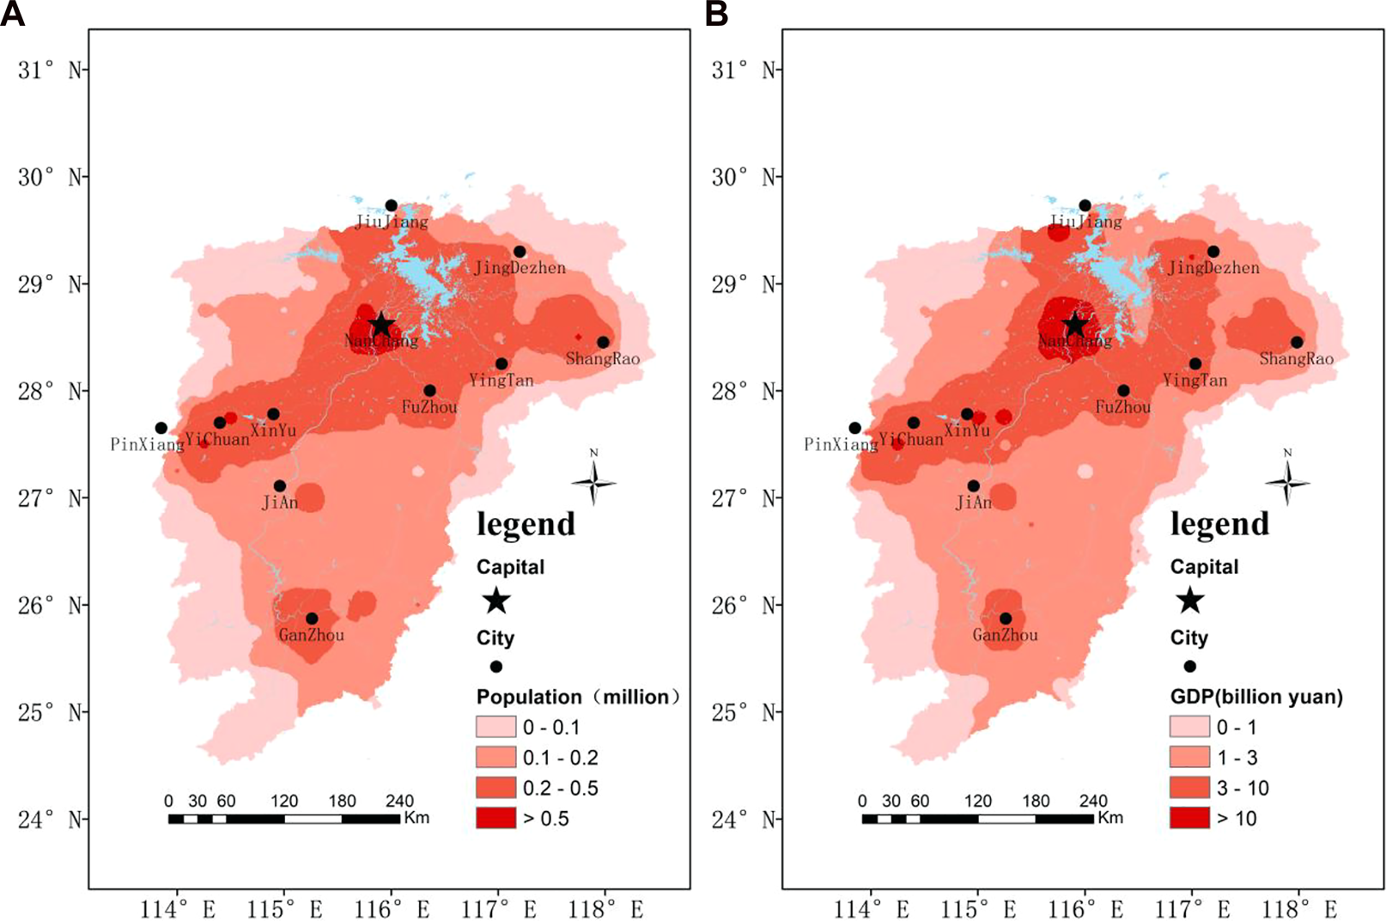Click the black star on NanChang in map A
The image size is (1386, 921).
tap(381, 326)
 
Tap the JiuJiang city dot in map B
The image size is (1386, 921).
tap(1085, 205)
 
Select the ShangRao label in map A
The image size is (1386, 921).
tap(602, 359)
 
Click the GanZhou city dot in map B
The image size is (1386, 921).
tap(1006, 619)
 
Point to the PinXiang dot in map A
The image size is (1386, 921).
tap(161, 428)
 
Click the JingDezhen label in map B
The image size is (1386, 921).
tap(1213, 268)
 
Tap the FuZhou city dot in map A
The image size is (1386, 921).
tap(429, 391)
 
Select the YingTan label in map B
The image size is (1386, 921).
tap(1195, 381)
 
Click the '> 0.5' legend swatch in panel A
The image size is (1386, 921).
tap(496, 818)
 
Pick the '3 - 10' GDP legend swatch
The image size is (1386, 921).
tap(1189, 788)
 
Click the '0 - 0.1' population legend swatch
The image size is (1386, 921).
tap(496, 727)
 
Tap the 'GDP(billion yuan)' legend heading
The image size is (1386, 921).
tap(1256, 697)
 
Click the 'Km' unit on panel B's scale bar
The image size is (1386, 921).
tap(1110, 817)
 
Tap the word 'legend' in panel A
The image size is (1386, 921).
tap(526, 524)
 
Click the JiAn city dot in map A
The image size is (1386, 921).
tap(279, 486)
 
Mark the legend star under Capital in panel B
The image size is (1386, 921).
tap(1189, 601)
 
